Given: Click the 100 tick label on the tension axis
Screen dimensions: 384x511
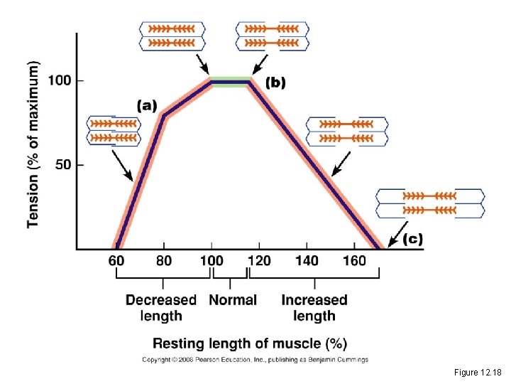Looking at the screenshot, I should pyautogui.click(x=60, y=80).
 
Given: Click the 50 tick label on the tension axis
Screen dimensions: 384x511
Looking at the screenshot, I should pyautogui.click(x=63, y=165).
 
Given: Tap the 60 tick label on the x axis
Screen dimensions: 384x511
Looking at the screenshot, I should pyautogui.click(x=116, y=261).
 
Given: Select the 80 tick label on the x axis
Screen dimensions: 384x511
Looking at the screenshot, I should pyautogui.click(x=163, y=261).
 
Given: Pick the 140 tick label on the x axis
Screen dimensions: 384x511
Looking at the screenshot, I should pyautogui.click(x=307, y=261).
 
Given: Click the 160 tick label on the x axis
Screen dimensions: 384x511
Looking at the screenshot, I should pyautogui.click(x=354, y=261).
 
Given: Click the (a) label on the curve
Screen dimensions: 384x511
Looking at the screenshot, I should pyautogui.click(x=147, y=105).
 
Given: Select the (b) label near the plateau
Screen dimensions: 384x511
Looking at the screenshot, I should pyautogui.click(x=275, y=82).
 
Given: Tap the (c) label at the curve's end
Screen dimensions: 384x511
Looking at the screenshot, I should pyautogui.click(x=412, y=240).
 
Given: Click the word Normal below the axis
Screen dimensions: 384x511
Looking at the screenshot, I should pyautogui.click(x=233, y=299).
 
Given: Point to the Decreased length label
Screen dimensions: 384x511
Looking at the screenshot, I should pyautogui.click(x=161, y=307).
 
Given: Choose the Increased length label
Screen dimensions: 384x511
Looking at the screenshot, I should pyautogui.click(x=314, y=307).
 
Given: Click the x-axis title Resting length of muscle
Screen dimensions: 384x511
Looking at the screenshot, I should pyautogui.click(x=251, y=344).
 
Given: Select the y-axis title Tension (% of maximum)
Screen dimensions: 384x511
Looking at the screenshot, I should pyautogui.click(x=33, y=144).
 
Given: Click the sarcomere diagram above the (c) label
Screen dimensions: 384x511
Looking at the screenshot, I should pyautogui.click(x=430, y=203).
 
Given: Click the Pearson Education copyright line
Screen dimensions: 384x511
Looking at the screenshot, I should pyautogui.click(x=255, y=360).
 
